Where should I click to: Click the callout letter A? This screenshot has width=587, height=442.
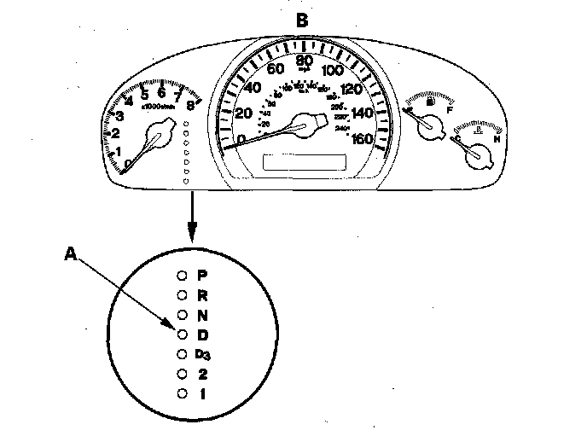(x=72, y=252)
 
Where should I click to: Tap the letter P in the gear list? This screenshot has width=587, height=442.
(x=202, y=276)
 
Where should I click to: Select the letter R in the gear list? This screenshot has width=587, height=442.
(x=202, y=295)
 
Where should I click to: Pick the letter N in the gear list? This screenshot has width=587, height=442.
(x=202, y=315)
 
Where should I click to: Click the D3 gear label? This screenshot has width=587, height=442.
(x=202, y=354)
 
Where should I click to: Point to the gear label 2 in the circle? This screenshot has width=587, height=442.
(x=202, y=374)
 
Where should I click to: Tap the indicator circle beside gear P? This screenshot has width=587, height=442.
(x=182, y=276)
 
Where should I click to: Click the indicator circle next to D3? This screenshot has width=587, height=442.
(x=182, y=354)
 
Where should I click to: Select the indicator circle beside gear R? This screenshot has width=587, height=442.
(x=182, y=295)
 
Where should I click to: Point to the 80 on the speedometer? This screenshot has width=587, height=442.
(x=304, y=60)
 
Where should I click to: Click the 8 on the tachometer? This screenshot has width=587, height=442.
(x=190, y=106)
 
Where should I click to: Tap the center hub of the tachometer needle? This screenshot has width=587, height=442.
(x=157, y=135)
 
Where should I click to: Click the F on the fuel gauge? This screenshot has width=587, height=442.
(x=449, y=110)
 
